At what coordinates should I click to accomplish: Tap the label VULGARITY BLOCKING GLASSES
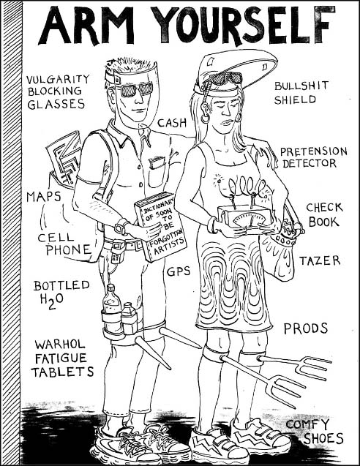click(x=57, y=92)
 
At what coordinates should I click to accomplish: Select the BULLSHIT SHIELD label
click(x=301, y=92)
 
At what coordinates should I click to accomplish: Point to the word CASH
click(x=172, y=122)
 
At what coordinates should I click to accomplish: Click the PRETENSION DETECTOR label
click(x=314, y=157)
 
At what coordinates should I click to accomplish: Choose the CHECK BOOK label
click(x=324, y=214)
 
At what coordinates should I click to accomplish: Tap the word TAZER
click(x=320, y=260)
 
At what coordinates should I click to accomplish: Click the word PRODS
click(x=306, y=328)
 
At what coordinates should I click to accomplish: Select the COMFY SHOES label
click(x=315, y=432)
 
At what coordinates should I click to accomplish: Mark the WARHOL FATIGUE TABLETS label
click(x=62, y=358)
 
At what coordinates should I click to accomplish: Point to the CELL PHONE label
click(x=64, y=244)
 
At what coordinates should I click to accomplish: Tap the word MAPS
click(x=44, y=197)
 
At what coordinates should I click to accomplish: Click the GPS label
click(x=179, y=271)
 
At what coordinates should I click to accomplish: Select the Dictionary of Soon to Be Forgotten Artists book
click(x=160, y=228)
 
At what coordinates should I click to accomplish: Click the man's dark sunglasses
click(x=136, y=89)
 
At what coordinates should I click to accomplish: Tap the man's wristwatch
click(x=121, y=227)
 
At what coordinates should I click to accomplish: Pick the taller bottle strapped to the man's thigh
click(x=111, y=306)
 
